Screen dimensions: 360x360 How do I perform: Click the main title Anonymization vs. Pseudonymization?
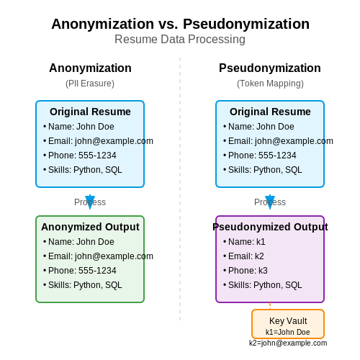point(180,24)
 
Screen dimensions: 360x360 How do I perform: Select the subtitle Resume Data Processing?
point(180,39)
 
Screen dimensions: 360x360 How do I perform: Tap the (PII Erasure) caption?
point(90,84)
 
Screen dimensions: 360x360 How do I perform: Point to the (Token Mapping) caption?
point(270,84)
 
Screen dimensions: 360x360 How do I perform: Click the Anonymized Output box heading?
point(90,227)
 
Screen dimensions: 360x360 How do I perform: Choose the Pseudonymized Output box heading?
point(270,227)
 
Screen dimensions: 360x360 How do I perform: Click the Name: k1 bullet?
point(244,242)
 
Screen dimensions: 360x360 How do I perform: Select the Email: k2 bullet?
point(243,256)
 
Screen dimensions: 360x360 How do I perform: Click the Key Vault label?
point(288,321)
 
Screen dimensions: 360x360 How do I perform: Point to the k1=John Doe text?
point(288,332)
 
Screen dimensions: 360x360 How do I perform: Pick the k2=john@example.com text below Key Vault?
point(288,343)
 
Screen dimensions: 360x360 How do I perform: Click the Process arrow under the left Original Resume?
point(90,202)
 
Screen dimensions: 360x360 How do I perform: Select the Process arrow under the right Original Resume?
point(270,202)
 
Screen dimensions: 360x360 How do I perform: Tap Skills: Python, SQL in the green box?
point(83,285)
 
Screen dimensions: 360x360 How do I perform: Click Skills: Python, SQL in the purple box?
point(263,285)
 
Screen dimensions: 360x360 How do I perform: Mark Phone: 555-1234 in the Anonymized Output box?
point(80,271)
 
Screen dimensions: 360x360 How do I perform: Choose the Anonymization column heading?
point(90,68)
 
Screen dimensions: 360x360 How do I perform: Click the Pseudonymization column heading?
point(270,68)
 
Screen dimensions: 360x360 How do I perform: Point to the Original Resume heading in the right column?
point(270,112)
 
